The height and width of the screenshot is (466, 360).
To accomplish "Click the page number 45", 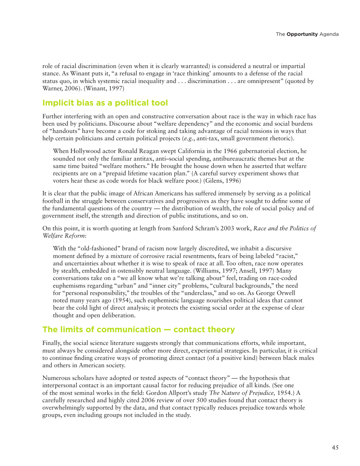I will click(335, 448).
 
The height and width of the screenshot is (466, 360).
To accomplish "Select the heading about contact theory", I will click(139, 329).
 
